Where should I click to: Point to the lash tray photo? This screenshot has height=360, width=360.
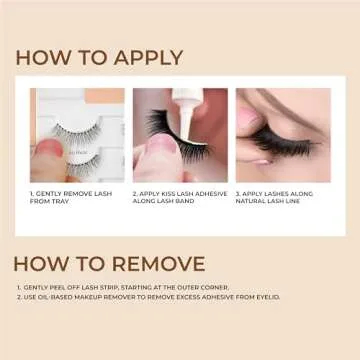coord(77,135)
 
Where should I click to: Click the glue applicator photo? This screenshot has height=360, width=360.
coord(179,135)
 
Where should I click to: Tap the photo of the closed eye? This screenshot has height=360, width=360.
coord(282,135)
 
